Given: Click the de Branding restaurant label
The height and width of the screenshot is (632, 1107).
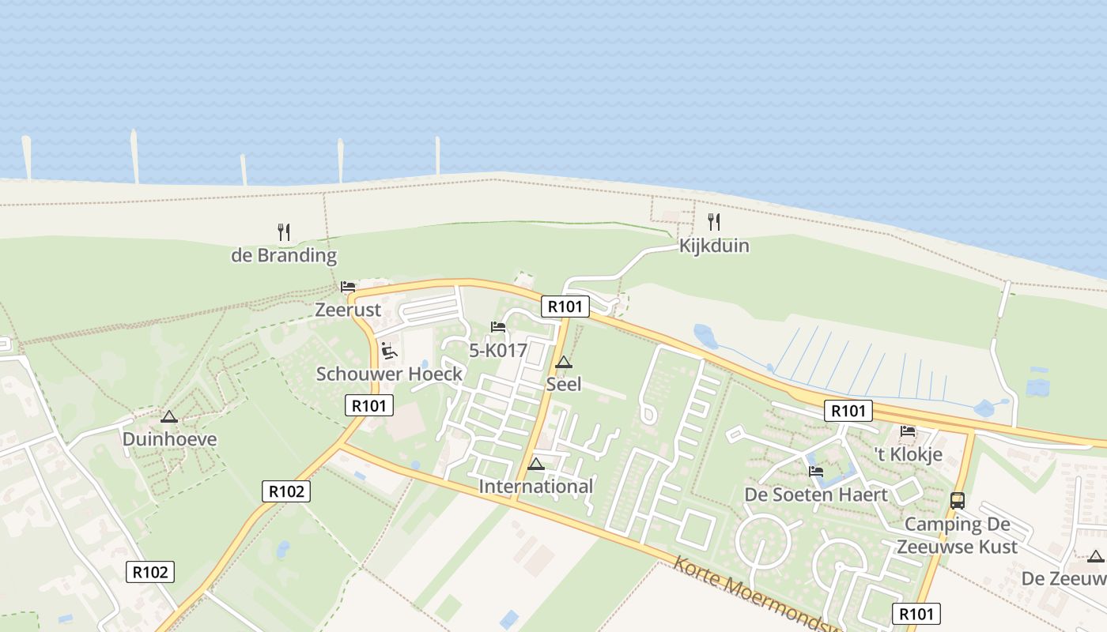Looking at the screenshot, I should (x=284, y=256).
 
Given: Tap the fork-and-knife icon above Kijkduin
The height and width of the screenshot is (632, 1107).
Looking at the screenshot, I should (x=713, y=221).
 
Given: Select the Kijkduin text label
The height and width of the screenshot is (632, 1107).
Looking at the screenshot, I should (x=713, y=246).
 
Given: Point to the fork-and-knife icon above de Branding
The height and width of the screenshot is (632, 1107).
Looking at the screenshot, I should (x=284, y=231).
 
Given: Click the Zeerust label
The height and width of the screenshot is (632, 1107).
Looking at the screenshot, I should (x=348, y=310).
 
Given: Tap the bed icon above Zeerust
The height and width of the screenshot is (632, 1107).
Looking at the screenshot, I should (x=348, y=287).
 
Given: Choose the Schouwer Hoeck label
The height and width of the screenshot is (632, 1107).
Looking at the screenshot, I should (x=389, y=374).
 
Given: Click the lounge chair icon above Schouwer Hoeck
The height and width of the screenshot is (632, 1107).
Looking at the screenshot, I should (x=388, y=350).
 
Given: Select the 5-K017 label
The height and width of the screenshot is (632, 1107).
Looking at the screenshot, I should (x=498, y=351).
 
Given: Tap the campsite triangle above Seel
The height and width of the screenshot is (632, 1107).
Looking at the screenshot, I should (x=563, y=363).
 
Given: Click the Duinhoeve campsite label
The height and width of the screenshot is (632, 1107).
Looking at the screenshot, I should (x=169, y=439).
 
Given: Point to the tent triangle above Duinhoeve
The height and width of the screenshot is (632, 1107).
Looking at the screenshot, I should (x=168, y=416).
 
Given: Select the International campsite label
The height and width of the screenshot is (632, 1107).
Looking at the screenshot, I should (x=536, y=486).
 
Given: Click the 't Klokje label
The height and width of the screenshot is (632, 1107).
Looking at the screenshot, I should (x=908, y=454).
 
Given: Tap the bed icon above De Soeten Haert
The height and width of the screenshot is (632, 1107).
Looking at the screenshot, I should (x=816, y=472).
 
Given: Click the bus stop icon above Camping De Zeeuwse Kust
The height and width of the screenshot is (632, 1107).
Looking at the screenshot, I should (x=957, y=500).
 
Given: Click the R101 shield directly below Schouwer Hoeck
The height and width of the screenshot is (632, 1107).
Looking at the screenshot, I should (x=369, y=405).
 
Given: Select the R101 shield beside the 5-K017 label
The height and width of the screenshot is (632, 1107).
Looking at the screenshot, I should (x=565, y=307).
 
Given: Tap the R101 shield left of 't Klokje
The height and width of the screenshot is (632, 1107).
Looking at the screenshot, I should (x=848, y=411).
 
